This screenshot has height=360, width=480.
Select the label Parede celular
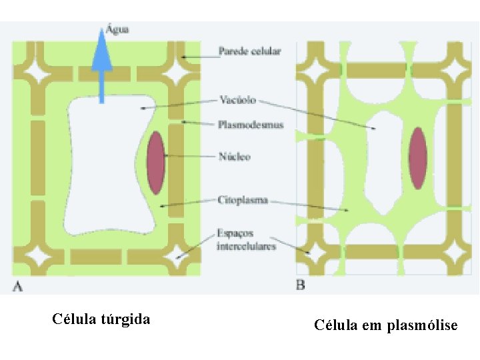[249, 51]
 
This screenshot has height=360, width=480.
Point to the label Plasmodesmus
[251, 124]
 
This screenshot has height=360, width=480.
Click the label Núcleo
[234, 157]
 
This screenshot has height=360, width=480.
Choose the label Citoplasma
[243, 199]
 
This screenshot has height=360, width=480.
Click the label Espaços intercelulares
[245, 241]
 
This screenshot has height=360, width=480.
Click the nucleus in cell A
[156, 163]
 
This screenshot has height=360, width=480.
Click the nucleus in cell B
[417, 159]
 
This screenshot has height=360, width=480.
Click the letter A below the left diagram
[18, 287]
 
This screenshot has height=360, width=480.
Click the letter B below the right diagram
[301, 286]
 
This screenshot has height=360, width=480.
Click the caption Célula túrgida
[101, 319]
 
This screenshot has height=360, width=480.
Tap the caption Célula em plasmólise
[386, 325]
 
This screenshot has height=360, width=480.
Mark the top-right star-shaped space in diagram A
[178, 71]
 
